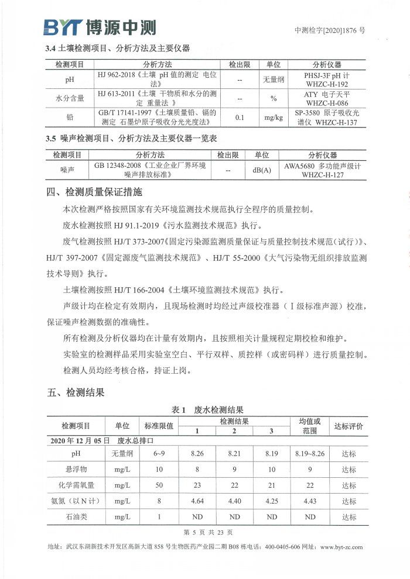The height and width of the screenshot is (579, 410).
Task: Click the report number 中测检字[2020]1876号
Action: [x=330, y=30]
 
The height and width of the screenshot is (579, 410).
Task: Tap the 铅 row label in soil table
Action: [x=70, y=117]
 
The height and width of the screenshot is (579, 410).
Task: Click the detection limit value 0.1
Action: [x=240, y=117]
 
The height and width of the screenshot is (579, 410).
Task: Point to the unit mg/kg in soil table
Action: [x=273, y=117]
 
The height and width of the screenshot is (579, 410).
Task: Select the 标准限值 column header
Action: [x=158, y=426]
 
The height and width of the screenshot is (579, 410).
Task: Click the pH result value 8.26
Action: [x=197, y=453]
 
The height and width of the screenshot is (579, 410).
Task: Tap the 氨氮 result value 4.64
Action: [x=197, y=501]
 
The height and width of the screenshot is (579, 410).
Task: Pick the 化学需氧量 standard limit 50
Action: [x=158, y=485]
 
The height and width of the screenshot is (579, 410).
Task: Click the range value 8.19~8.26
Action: [x=310, y=453]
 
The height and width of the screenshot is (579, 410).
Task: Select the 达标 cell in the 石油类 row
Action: [x=349, y=517]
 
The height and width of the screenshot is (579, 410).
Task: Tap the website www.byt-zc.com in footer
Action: [x=341, y=547]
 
